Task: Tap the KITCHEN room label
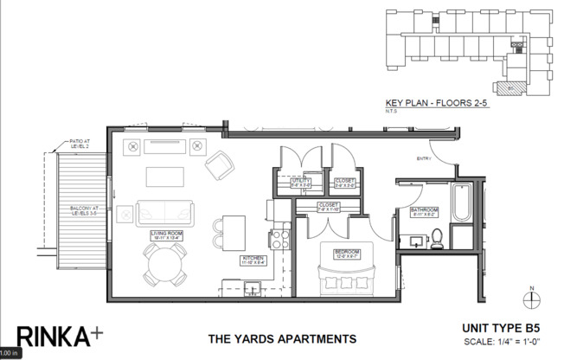(253, 260)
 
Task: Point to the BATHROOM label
(424, 211)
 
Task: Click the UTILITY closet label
(300, 182)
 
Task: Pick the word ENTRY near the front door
(424, 158)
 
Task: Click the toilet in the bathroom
(438, 235)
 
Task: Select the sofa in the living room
(164, 211)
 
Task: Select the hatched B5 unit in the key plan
(505, 87)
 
